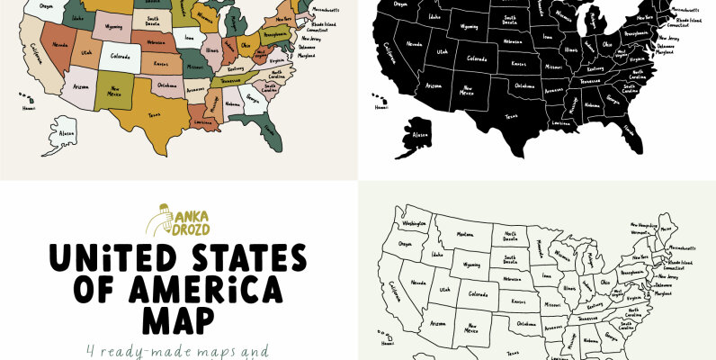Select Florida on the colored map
click(267, 135)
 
